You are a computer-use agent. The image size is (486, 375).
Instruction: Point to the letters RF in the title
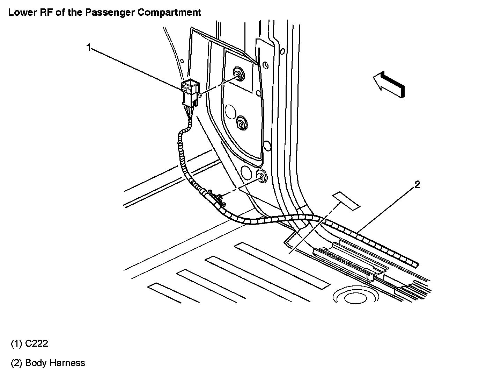pyautogui.click(x=44, y=13)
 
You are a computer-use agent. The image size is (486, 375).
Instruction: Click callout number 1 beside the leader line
pyautogui.click(x=89, y=47)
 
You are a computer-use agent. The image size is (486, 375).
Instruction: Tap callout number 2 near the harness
pyautogui.click(x=417, y=185)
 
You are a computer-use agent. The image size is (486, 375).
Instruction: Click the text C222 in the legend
pyautogui.click(x=37, y=344)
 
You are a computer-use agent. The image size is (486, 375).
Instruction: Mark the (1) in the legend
pyautogui.click(x=16, y=344)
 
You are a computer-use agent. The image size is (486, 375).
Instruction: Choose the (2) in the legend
pyautogui.click(x=16, y=363)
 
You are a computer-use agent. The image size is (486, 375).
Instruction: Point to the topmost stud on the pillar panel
pyautogui.click(x=238, y=73)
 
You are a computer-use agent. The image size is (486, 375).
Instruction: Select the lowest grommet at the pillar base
pyautogui.click(x=261, y=177)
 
